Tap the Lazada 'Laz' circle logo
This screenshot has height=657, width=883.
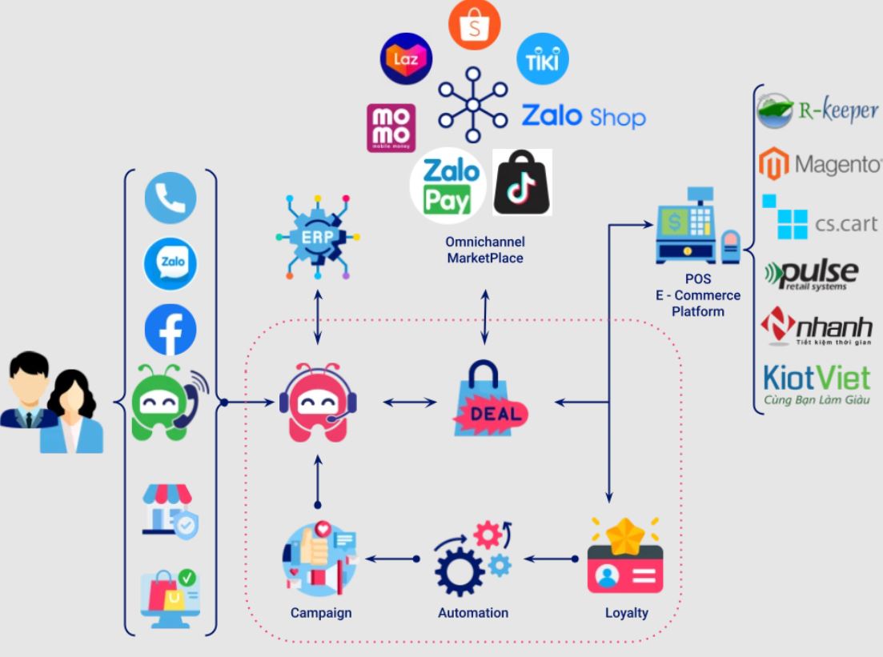[406, 59]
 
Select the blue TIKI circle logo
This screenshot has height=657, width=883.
[543, 58]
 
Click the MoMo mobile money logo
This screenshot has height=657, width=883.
[391, 127]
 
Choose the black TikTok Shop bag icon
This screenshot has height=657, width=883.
[522, 182]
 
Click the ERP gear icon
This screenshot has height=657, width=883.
[318, 236]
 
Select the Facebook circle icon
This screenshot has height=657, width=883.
[171, 330]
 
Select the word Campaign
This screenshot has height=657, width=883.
[321, 613]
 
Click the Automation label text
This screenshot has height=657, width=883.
[473, 613]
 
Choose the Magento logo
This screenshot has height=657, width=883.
[818, 164]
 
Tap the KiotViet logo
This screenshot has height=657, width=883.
[817, 383]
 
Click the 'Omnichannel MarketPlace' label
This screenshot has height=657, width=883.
[485, 250]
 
